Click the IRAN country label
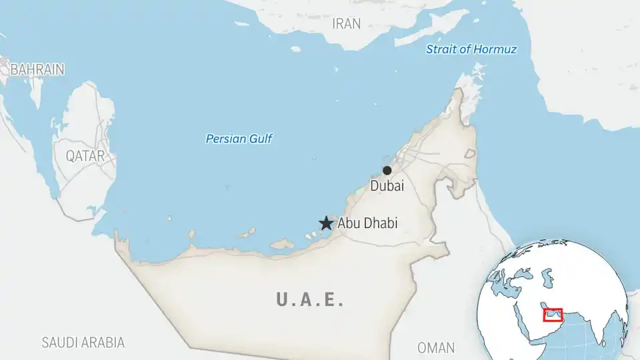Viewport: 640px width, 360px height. click(x=346, y=24)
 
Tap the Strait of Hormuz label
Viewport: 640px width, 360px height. click(x=471, y=49)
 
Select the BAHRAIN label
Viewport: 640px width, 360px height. click(x=37, y=69)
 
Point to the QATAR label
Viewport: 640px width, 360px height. click(x=85, y=156)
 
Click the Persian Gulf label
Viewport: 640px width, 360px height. click(x=239, y=139)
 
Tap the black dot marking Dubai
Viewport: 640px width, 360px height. click(x=387, y=171)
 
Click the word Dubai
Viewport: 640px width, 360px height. click(x=387, y=187)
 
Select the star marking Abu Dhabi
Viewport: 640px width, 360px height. click(x=326, y=223)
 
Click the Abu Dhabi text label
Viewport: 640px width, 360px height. click(x=367, y=223)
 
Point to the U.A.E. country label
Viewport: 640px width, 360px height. click(x=311, y=300)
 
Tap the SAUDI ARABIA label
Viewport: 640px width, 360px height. click(x=83, y=343)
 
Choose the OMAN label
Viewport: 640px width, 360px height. click(x=436, y=348)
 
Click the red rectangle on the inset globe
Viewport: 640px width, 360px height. click(x=553, y=315)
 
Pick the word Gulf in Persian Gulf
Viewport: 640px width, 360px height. click(x=261, y=139)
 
